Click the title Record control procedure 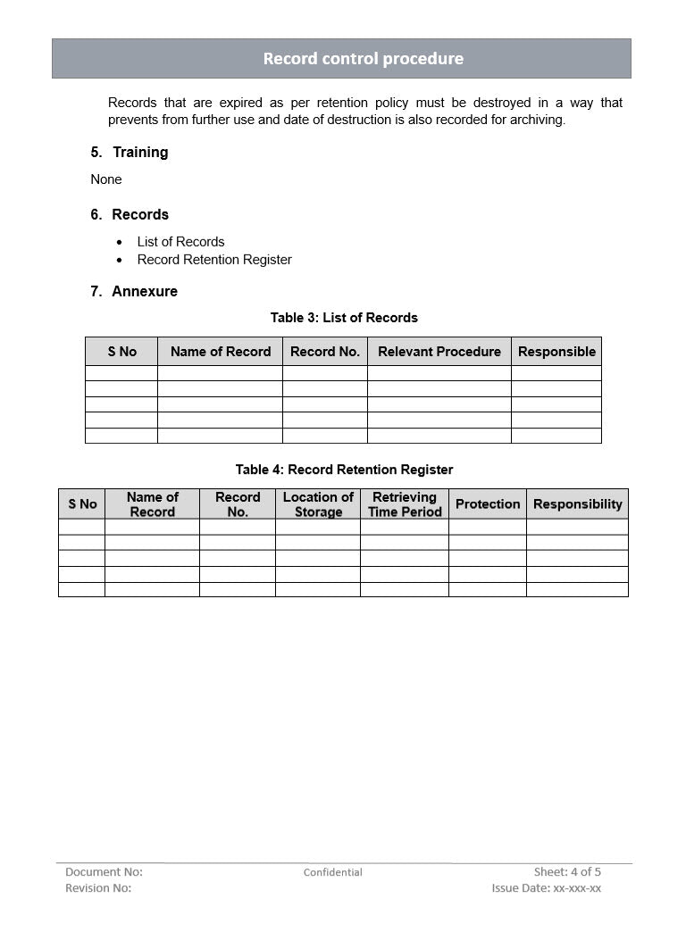(363, 59)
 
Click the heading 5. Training (130, 153)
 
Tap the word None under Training (106, 179)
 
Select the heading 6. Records (130, 215)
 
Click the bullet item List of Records (180, 242)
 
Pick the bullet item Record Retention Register (214, 260)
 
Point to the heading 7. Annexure (134, 292)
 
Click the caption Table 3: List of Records (344, 318)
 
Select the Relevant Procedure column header (439, 352)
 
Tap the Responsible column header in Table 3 (556, 352)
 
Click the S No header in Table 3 (121, 352)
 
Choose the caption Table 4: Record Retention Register (344, 470)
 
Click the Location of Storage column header (318, 504)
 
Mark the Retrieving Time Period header (405, 504)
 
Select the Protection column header (488, 504)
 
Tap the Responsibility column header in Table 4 (577, 504)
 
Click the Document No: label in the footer (104, 872)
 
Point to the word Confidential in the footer (332, 872)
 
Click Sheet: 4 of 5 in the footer (567, 872)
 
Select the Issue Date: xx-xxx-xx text (546, 888)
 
